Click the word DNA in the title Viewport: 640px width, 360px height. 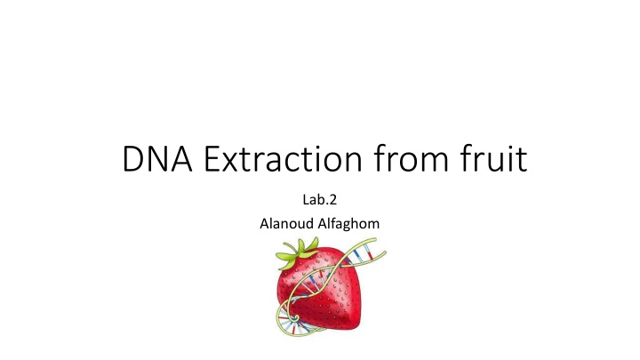click(157, 158)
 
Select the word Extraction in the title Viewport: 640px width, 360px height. click(283, 158)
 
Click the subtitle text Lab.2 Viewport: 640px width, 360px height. click(320, 200)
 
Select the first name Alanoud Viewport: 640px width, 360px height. click(286, 223)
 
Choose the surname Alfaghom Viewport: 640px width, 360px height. click(348, 224)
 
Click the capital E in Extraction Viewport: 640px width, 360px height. click(211, 158)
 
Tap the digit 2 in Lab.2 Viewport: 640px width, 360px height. click(332, 200)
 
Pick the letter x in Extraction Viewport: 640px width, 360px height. click(230, 162)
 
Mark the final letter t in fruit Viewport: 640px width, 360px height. click(522, 159)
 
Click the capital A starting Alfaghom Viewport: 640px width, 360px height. click(323, 223)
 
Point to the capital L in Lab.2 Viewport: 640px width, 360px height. click(306, 200)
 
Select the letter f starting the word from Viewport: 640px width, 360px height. click(380, 157)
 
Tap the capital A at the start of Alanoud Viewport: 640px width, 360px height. click(265, 223)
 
